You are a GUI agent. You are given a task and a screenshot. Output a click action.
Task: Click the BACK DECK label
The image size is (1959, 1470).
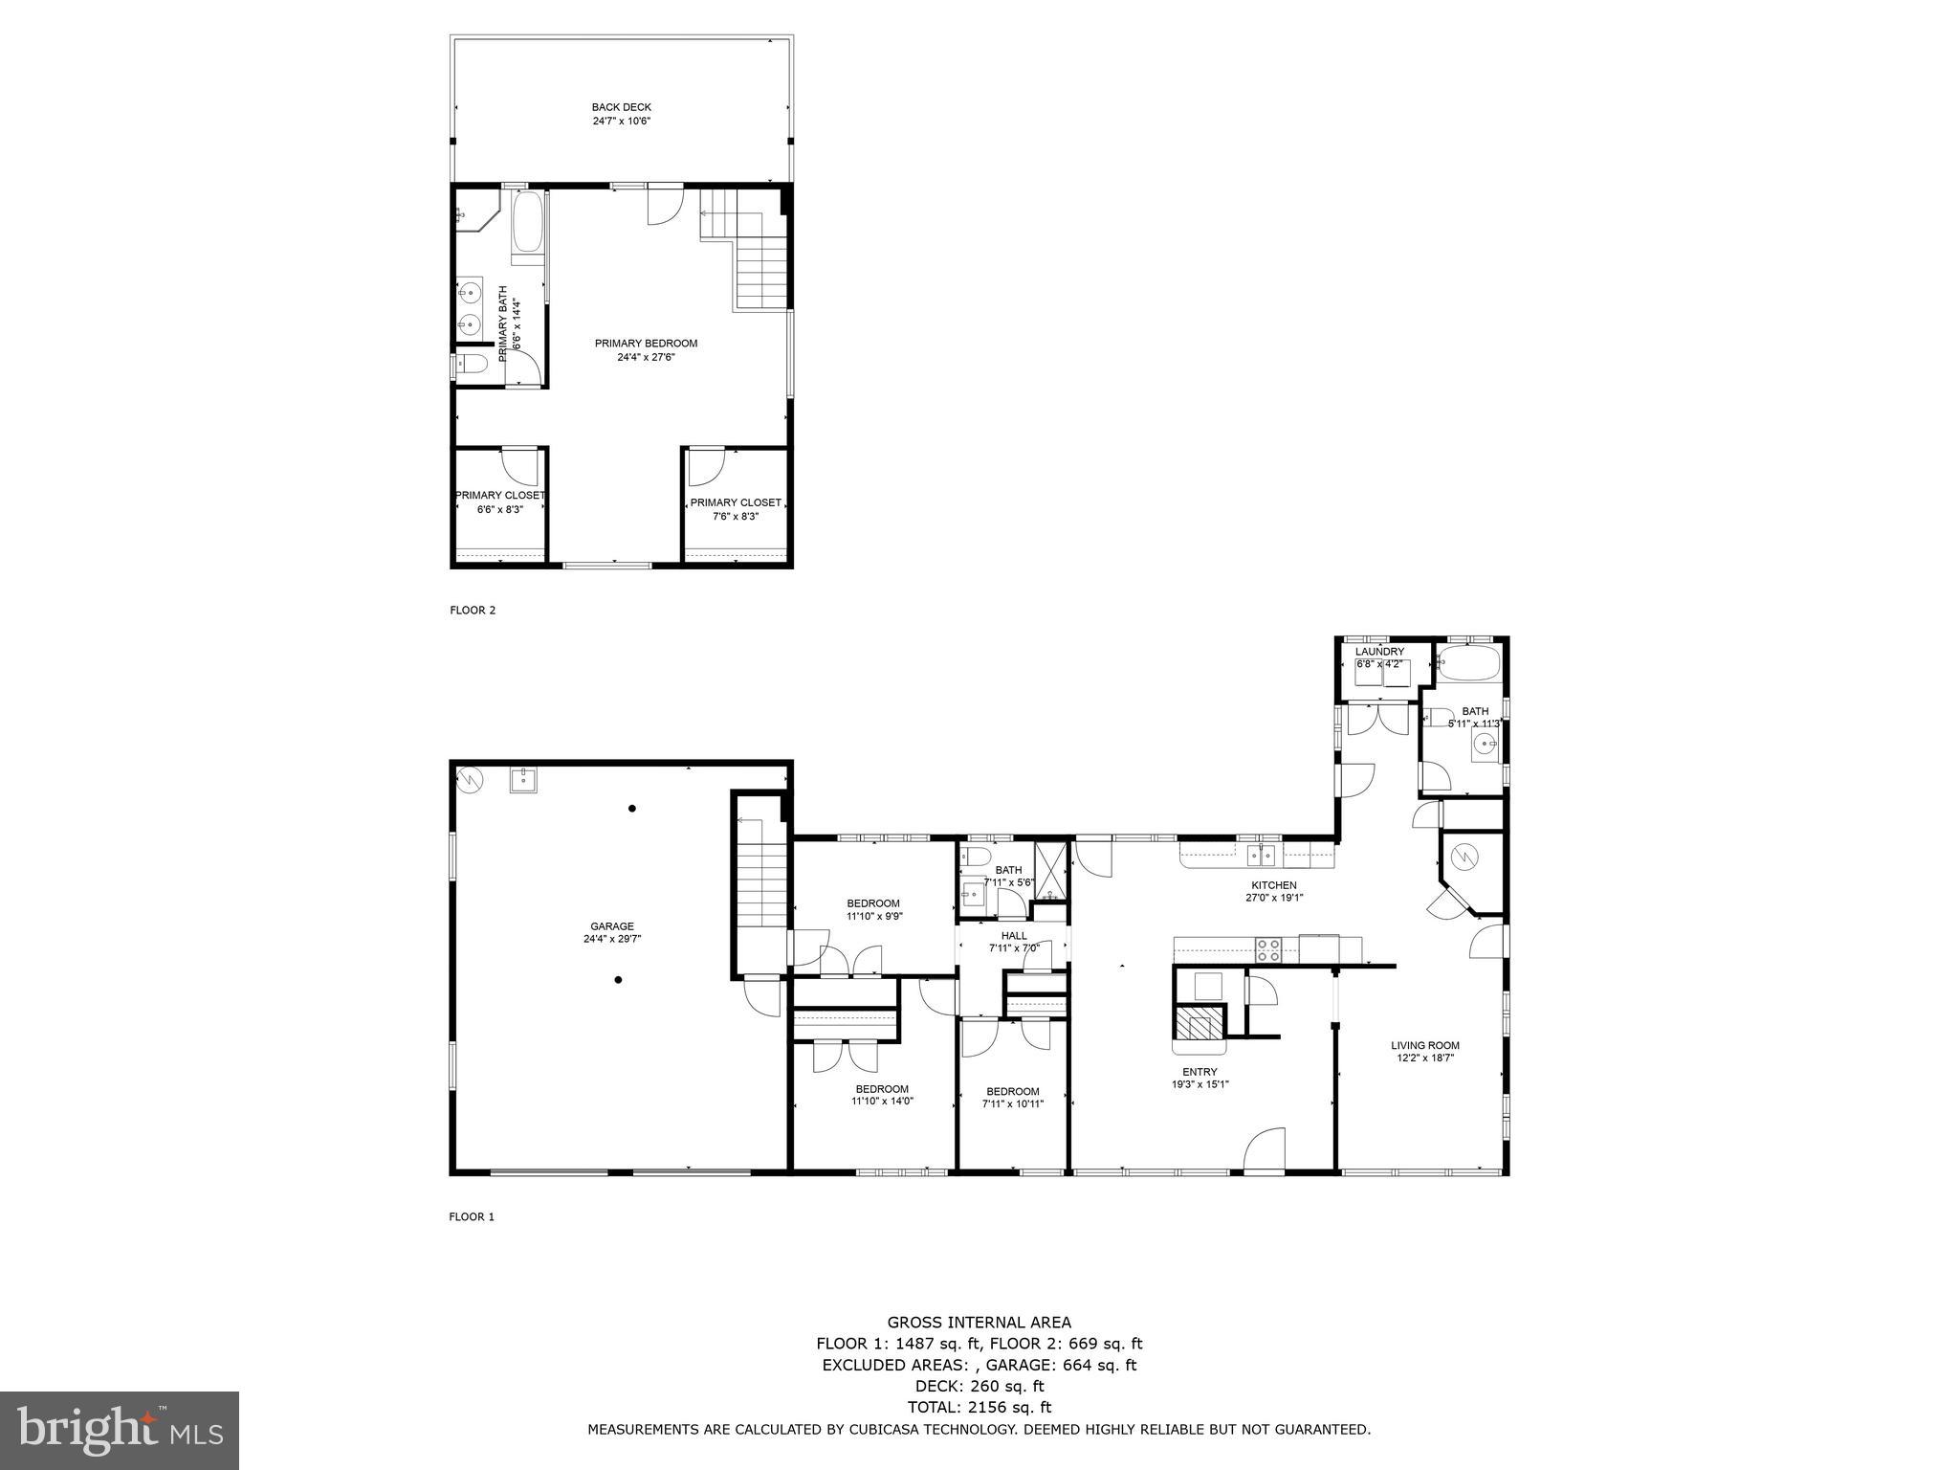621,107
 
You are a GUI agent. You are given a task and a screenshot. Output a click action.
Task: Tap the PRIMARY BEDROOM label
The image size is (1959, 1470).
646,344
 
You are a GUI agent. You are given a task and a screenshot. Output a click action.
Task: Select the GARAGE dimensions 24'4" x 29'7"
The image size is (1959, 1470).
611,939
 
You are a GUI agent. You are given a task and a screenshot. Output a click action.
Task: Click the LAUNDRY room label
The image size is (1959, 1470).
1379,652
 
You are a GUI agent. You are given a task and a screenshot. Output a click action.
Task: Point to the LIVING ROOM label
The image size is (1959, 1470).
1424,1045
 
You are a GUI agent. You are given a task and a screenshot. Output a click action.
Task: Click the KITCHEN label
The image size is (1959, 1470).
1274,885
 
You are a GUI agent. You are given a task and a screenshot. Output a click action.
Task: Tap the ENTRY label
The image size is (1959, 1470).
1200,1072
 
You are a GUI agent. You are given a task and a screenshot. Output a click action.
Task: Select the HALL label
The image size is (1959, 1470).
1014,936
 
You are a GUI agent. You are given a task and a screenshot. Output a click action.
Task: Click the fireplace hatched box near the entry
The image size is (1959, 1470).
1200,1023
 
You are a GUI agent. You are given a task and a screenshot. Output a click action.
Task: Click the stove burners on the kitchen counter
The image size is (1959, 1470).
1268,949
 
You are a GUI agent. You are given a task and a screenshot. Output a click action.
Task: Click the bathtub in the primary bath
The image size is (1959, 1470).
527,223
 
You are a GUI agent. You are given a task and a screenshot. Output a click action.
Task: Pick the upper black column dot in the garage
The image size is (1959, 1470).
632,809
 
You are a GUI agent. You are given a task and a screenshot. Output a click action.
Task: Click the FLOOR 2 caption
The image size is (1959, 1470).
473,611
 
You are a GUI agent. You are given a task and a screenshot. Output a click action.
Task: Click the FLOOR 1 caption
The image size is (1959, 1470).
472,1217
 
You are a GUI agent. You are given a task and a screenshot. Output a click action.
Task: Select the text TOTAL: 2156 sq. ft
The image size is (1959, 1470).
979,1407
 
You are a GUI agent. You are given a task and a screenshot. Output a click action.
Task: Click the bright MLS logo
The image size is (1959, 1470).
120,1431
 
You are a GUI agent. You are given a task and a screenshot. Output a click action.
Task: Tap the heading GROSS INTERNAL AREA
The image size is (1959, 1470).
979,1323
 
